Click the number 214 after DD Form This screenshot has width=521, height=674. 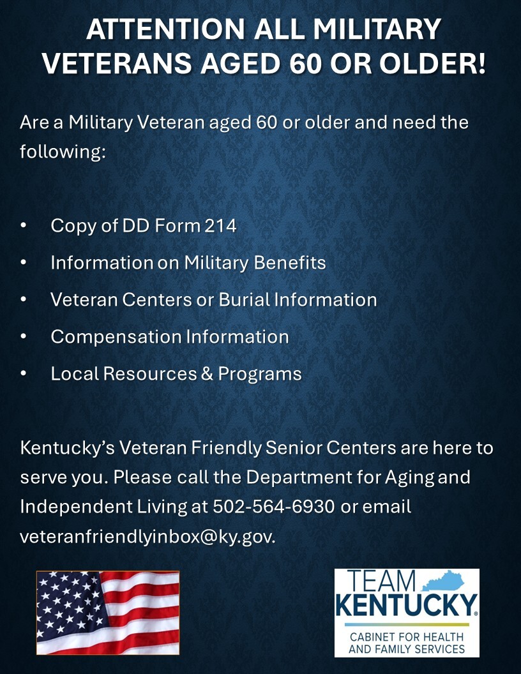pos(220,225)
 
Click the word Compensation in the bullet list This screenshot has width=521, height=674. pos(116,336)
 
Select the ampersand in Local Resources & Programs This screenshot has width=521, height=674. pos(207,373)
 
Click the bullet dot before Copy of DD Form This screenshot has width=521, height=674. pos(24,226)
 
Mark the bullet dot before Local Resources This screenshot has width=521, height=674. pos(24,374)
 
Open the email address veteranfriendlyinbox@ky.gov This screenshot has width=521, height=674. pos(147,537)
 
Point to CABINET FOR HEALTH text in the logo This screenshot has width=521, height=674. pos(407,638)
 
